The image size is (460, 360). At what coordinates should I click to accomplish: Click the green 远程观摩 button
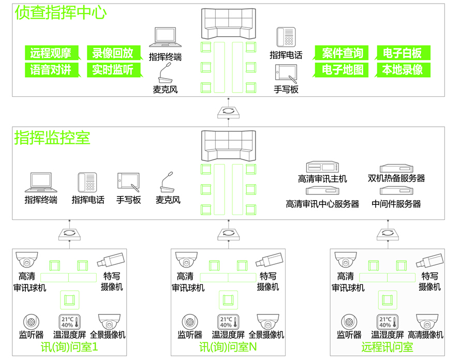pos(51,53)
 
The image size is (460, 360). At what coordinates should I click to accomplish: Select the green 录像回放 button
pos(113,53)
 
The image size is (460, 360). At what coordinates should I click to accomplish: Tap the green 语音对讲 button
pos(51,69)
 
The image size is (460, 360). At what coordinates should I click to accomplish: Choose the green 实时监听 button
pos(113,69)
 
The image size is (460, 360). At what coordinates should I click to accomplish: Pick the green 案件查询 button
pos(342,53)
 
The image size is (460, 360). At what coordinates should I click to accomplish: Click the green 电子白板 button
pos(403,53)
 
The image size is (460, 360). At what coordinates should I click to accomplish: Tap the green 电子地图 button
pos(342,69)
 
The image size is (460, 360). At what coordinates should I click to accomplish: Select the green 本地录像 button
pos(403,69)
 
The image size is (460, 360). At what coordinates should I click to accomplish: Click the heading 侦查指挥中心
pos(61,12)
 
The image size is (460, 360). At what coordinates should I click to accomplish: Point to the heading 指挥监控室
pos(52,138)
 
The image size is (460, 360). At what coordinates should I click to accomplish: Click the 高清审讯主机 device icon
pos(322,167)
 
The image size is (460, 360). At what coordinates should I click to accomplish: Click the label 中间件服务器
pos(396,204)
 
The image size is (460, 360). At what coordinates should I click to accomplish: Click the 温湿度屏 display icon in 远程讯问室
pos(384,322)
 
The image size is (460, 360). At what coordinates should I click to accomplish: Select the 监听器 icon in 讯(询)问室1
pos(31,322)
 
